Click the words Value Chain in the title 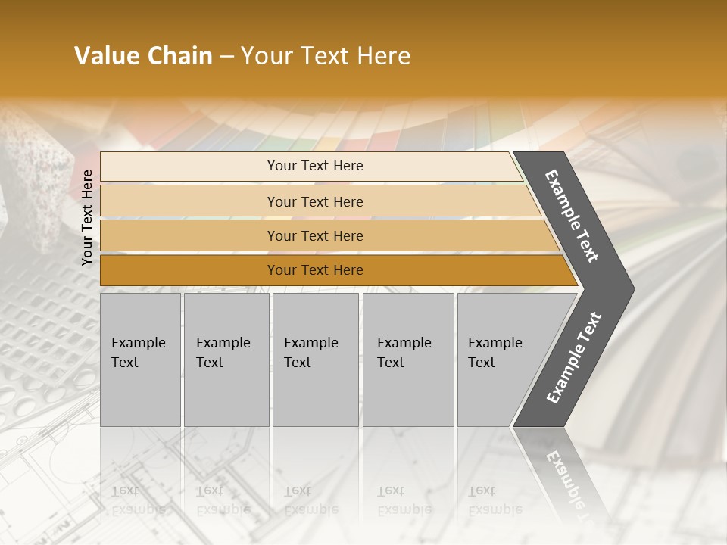(x=143, y=56)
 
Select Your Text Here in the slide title (x=326, y=56)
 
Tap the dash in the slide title (x=226, y=57)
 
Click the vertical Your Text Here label (x=87, y=217)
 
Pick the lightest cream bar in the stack (x=314, y=166)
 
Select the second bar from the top (x=314, y=201)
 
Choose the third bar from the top (x=314, y=235)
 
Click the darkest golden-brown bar (x=314, y=270)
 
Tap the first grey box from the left (x=140, y=360)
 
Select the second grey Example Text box (x=226, y=360)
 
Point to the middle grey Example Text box (x=315, y=360)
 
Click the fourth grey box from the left (x=407, y=360)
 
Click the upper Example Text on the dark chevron (x=572, y=216)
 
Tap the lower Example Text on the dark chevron (x=573, y=357)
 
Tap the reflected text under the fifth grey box (x=494, y=500)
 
